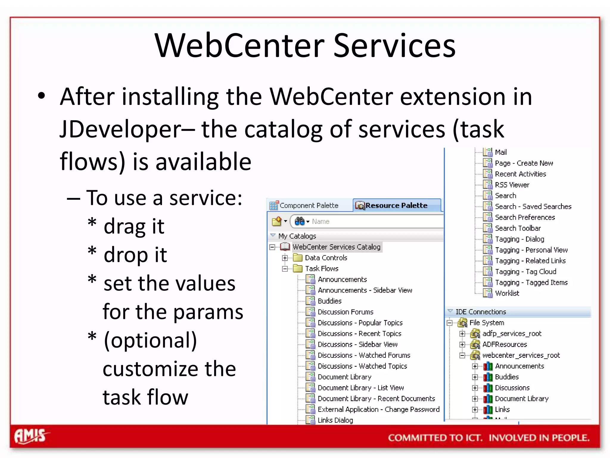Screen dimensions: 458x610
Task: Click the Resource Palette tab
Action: pos(396,205)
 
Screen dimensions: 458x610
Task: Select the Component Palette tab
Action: pos(309,205)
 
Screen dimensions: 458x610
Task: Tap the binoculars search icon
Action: pos(299,221)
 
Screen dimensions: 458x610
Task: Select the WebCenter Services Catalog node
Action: pos(336,247)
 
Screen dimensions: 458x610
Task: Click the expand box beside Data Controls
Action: pos(285,258)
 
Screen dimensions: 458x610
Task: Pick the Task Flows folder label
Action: pos(322,269)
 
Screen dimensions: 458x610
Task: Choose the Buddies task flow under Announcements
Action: pos(329,301)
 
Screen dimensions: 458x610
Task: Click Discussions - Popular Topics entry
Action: pos(360,323)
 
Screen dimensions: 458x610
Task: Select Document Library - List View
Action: pos(360,388)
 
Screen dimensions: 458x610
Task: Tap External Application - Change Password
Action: pos(378,409)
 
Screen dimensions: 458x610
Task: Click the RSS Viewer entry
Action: pos(512,185)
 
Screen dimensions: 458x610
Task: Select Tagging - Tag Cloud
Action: pos(525,272)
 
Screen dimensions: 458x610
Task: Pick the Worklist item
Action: pos(507,293)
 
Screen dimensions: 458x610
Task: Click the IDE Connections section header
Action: pos(481,312)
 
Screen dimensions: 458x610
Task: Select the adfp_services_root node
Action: pos(512,334)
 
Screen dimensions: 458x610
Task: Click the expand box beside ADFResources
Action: pos(462,344)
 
